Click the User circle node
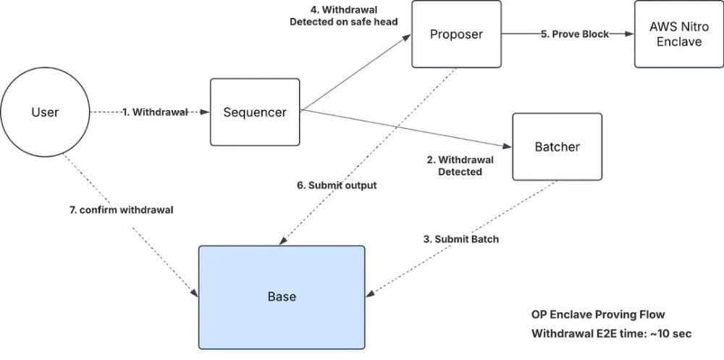[45, 112]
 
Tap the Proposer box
[456, 34]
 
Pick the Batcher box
[557, 147]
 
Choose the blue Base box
[282, 297]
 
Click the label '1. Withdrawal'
[154, 112]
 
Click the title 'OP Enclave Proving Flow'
[597, 314]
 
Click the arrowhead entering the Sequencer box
[206, 112]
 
